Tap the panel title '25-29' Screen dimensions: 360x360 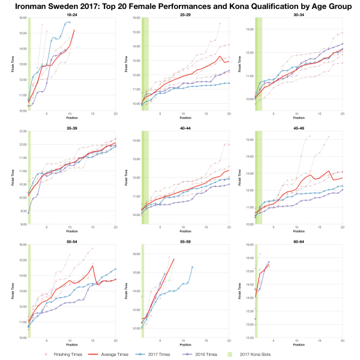coord(185,13)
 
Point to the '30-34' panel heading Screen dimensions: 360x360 coord(298,13)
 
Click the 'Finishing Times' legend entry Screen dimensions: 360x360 coord(62,354)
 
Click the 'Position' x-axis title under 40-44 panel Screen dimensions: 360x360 coord(185,232)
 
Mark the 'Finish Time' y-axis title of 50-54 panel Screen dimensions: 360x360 coord(13,292)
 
